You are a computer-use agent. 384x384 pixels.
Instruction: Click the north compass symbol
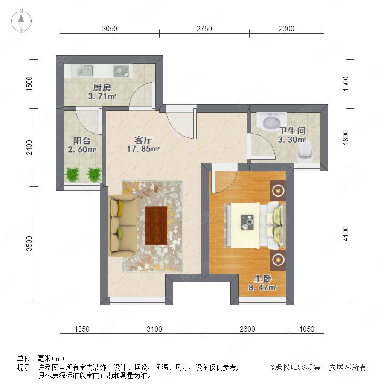click(21, 21)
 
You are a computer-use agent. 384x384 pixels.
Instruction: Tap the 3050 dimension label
click(110, 29)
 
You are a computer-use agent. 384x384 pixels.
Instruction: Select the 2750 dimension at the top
click(204, 29)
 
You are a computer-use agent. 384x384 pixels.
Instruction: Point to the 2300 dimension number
click(287, 29)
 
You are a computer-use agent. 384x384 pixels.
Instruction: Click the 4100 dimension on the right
click(346, 234)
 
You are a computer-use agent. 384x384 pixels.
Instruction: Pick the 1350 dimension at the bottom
click(82, 329)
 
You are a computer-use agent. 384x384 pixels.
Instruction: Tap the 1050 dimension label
click(307, 329)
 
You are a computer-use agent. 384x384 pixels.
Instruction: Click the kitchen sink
click(85, 70)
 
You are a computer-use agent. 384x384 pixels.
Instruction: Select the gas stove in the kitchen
click(121, 71)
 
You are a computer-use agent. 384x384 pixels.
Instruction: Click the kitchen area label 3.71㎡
click(102, 96)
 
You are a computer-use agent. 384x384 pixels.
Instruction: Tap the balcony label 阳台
click(82, 141)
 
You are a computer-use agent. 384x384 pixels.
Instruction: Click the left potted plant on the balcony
click(72, 174)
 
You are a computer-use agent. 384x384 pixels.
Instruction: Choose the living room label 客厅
click(143, 140)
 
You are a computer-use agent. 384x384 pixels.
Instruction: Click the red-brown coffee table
click(156, 225)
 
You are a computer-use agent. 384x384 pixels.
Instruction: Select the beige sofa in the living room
click(122, 226)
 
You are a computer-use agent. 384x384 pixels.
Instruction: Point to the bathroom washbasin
click(271, 122)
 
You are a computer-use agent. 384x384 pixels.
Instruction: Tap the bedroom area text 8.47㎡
click(262, 287)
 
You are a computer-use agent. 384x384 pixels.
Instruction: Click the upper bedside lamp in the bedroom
click(278, 190)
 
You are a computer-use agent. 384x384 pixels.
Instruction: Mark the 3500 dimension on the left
click(29, 244)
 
